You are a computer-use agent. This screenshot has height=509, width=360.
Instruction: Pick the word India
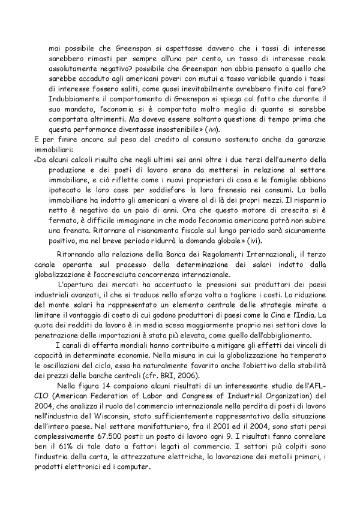(x=319, y=314)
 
